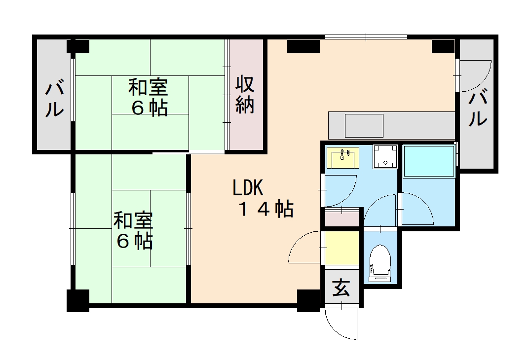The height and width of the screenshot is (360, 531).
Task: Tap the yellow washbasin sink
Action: (x=343, y=158)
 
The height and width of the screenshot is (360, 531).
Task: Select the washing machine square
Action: (x=385, y=156)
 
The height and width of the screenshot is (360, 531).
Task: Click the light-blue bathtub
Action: (x=429, y=161)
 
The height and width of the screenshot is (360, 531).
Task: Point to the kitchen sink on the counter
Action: (x=364, y=125)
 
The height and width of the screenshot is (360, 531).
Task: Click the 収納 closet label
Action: (x=244, y=95)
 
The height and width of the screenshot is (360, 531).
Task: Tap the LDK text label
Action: (x=249, y=188)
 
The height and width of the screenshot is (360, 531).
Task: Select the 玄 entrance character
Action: (x=341, y=288)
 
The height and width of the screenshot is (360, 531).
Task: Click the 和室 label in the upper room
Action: (x=148, y=88)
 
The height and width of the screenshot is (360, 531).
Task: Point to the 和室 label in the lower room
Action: (x=133, y=220)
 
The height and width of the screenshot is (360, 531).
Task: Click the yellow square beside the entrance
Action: (x=342, y=248)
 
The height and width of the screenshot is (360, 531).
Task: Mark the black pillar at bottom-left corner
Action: (x=78, y=300)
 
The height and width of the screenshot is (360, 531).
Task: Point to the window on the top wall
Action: (x=366, y=36)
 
